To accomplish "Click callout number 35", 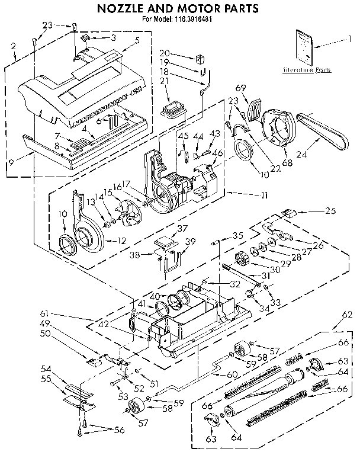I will [x=238, y=235].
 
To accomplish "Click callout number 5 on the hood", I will [x=137, y=41].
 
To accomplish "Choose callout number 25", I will [x=330, y=210].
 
